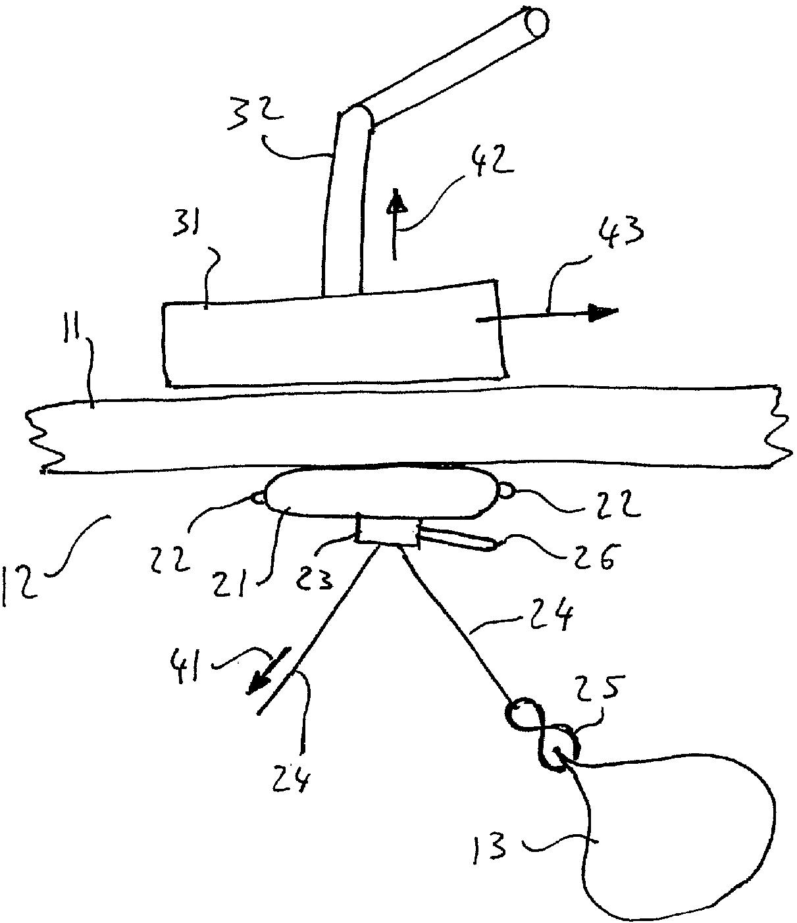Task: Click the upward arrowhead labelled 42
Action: [x=395, y=200]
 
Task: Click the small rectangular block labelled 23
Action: [x=386, y=530]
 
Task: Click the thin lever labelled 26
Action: [x=458, y=539]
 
